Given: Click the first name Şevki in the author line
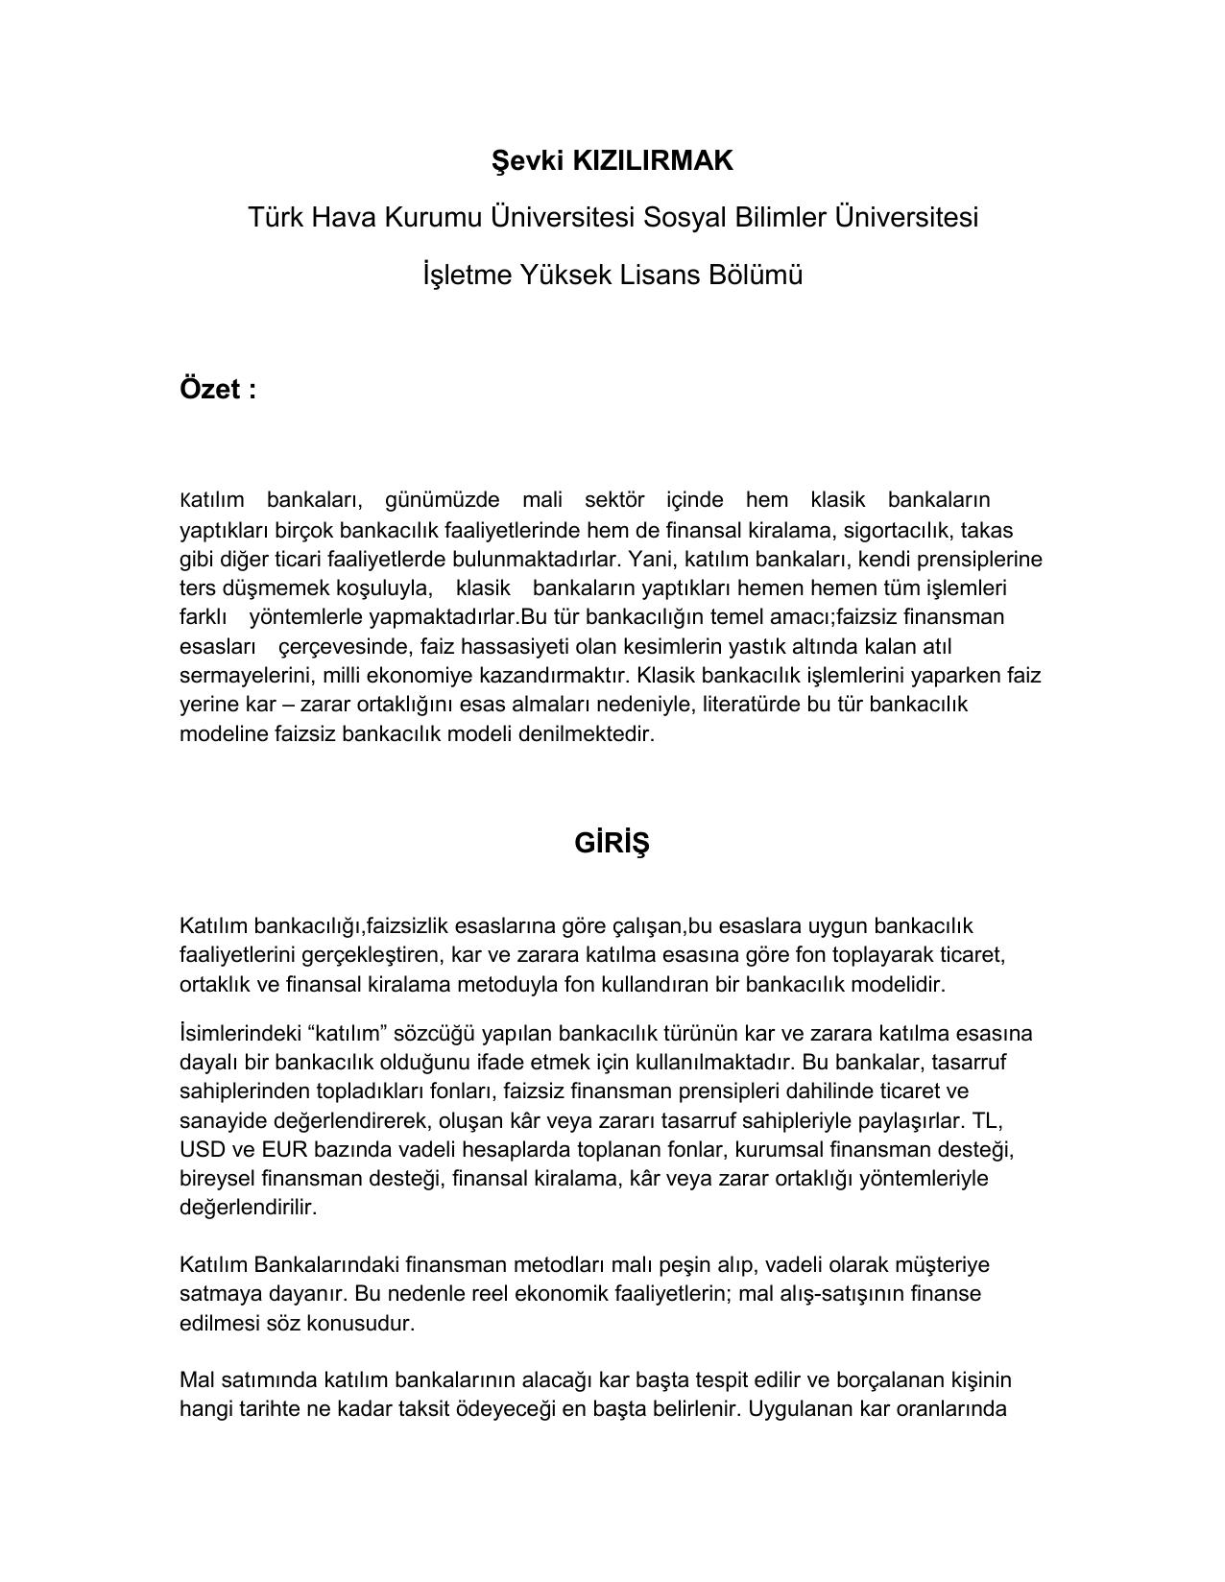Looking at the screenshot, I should point(527,161).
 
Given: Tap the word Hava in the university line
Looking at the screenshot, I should point(346,218).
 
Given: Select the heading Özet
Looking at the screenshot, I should point(209,390).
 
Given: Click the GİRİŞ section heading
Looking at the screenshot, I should point(612,843).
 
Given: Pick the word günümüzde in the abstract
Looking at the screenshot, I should point(442,500).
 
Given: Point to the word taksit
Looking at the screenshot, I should point(424,1410).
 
